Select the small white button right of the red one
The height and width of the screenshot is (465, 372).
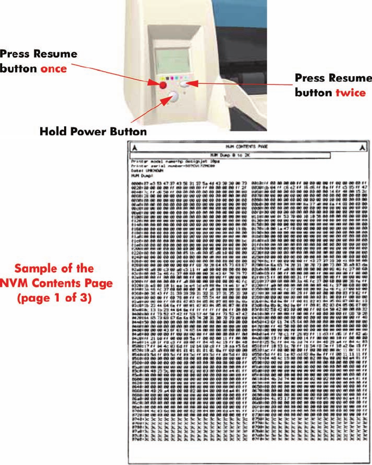pyautogui.click(x=185, y=84)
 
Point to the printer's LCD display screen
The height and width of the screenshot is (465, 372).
pyautogui.click(x=173, y=60)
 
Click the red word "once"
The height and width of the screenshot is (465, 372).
pyautogui.click(x=54, y=69)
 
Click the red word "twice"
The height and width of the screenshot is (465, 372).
pyautogui.click(x=350, y=92)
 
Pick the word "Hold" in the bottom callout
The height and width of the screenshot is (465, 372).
pyautogui.click(x=53, y=132)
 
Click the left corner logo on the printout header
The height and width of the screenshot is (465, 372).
pyautogui.click(x=135, y=147)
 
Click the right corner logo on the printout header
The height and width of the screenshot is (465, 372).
pyautogui.click(x=362, y=147)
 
